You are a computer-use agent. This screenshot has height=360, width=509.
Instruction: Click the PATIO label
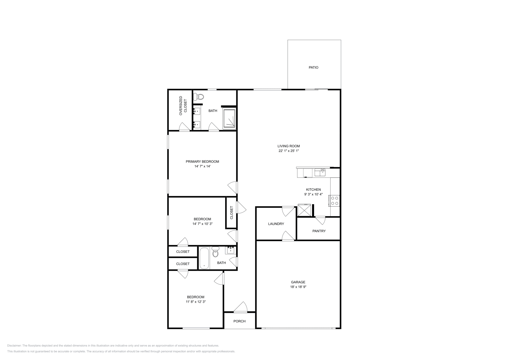[x=313, y=67]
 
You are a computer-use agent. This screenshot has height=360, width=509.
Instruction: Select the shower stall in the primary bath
[x=229, y=119]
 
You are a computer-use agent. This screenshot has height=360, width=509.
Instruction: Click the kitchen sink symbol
[x=320, y=173]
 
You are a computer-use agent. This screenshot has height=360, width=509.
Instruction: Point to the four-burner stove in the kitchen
[x=335, y=201]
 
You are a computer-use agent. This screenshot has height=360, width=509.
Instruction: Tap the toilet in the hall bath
[x=215, y=252]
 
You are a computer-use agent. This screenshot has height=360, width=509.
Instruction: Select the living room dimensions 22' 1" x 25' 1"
[x=289, y=151]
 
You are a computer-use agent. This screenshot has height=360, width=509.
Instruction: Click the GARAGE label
[x=298, y=282]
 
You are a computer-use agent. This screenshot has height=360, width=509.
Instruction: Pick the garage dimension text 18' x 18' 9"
[x=298, y=287]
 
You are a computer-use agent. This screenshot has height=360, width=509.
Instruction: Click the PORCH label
[x=240, y=321]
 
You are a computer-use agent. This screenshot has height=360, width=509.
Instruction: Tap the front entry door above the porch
[x=241, y=308]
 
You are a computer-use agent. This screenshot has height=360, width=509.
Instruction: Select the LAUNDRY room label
[x=276, y=224]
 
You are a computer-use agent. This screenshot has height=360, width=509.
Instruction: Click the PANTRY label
[x=319, y=231]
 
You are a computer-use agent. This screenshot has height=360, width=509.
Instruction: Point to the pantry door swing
[x=320, y=220]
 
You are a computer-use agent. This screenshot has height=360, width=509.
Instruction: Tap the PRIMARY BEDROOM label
[x=202, y=162]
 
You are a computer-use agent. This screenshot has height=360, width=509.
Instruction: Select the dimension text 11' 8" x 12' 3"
[x=195, y=302]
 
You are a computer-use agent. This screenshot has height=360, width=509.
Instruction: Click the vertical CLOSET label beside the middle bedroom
[x=232, y=213]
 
